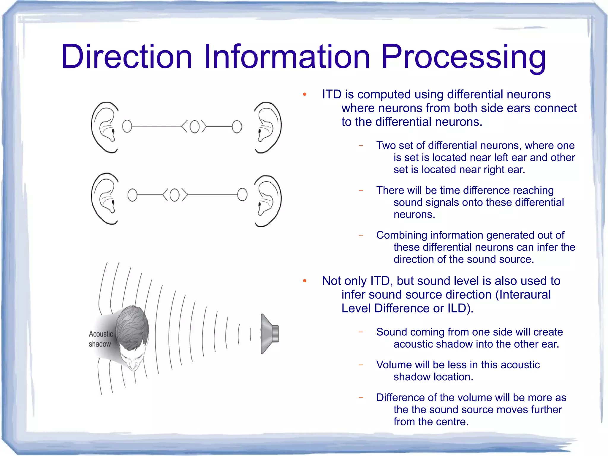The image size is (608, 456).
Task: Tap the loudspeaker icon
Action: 270,334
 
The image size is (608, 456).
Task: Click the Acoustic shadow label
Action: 101,339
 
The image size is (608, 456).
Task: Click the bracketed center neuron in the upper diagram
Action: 194,127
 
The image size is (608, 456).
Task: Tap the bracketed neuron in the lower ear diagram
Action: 175,195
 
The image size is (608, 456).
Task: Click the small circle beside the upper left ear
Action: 127,126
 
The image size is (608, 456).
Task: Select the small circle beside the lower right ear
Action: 242,195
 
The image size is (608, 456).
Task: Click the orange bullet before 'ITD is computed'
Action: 304,95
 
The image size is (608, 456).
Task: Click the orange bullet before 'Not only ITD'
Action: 304,281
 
